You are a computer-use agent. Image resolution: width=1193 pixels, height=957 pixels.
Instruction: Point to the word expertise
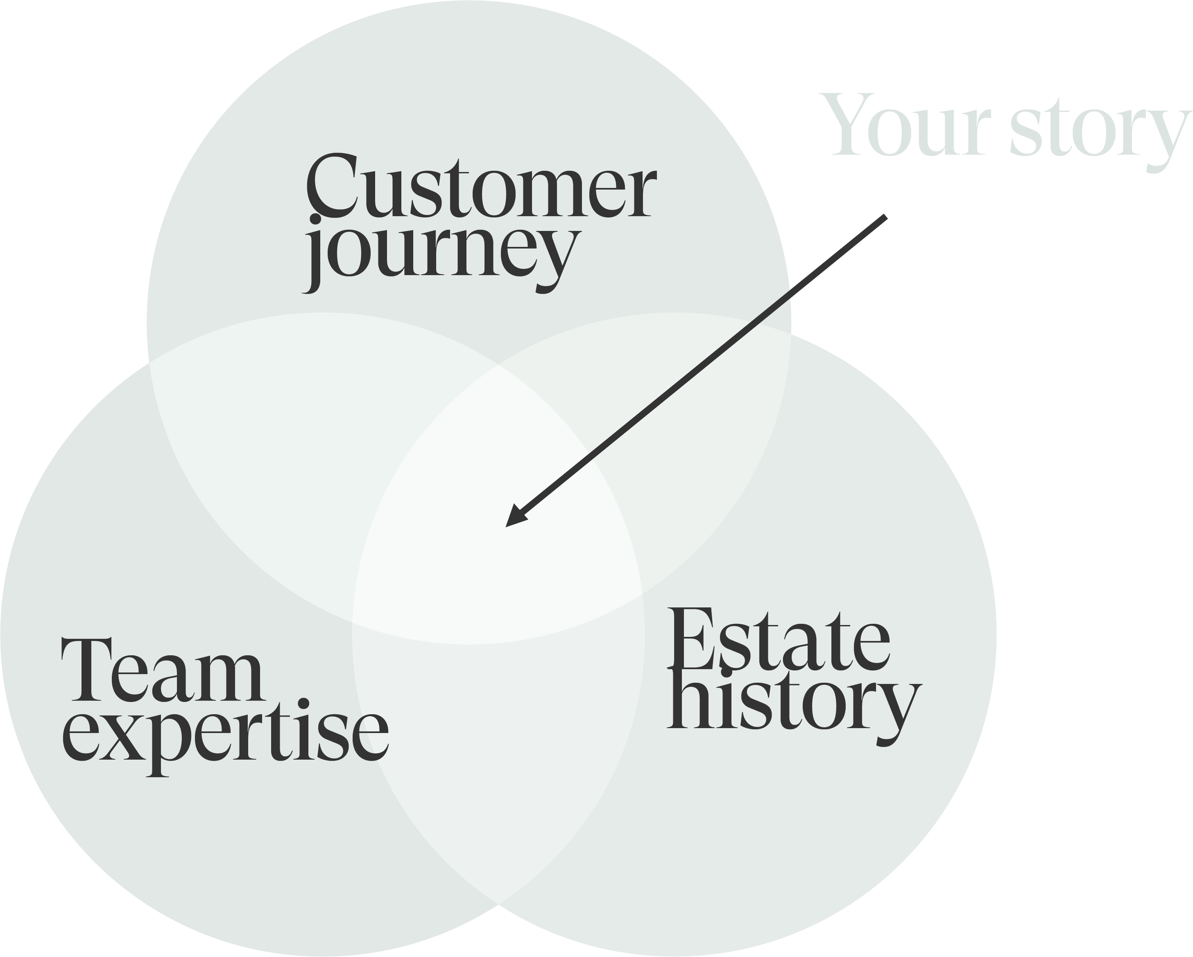(225, 735)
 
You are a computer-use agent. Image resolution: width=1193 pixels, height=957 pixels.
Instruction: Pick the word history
(794, 705)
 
